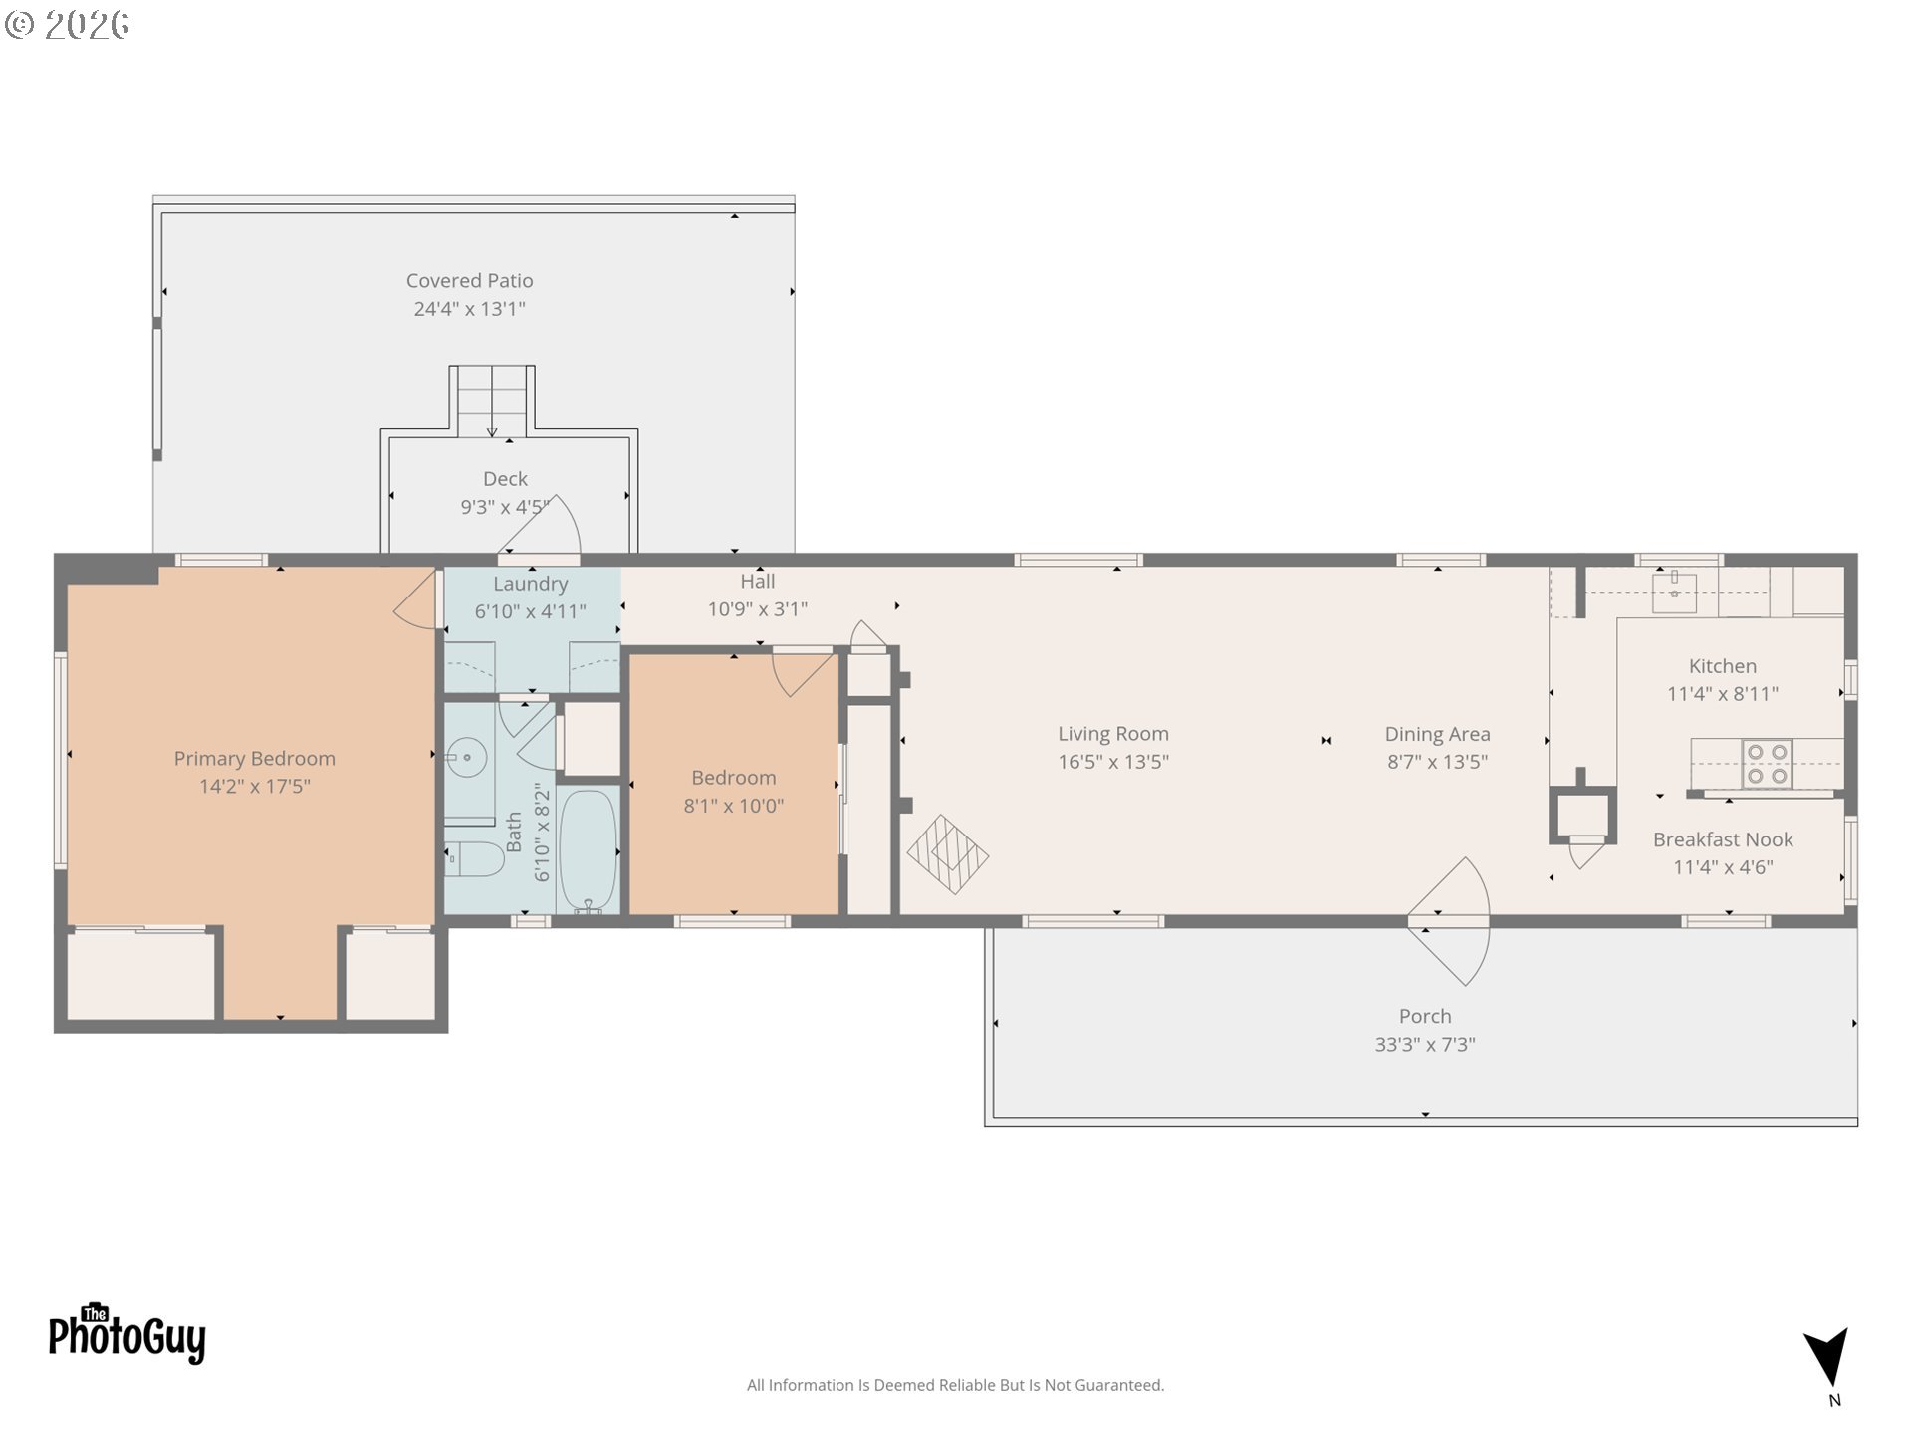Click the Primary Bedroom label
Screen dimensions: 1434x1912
[x=254, y=758]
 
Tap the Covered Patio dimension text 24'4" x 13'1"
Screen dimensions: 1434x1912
[x=469, y=309]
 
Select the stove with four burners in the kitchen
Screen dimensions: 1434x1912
[x=1767, y=764]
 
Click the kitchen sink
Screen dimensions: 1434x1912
[x=1674, y=593]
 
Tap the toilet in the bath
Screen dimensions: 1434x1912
[x=475, y=859]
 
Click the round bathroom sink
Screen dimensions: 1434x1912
[x=466, y=758]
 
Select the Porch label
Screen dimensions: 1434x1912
[x=1424, y=1016]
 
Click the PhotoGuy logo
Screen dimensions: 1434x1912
[x=126, y=1333]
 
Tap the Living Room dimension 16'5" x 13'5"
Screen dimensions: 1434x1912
[x=1112, y=762]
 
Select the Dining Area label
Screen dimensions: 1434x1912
[x=1436, y=734]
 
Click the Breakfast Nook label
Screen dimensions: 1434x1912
[x=1722, y=839]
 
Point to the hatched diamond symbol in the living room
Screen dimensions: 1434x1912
[x=947, y=854]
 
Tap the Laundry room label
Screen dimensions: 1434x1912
[x=530, y=584]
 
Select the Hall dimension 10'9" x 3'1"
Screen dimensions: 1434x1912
[x=757, y=609]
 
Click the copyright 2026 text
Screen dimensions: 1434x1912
[x=68, y=24]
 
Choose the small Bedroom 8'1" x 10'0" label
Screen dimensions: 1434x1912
[x=733, y=778]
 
